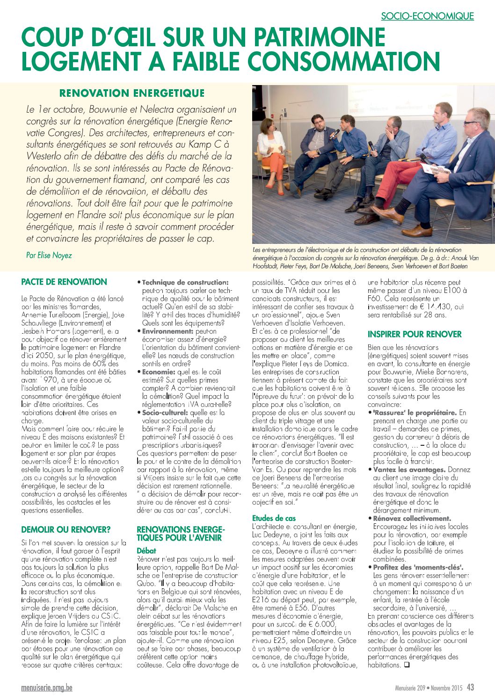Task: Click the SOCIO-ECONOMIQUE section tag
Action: [427, 16]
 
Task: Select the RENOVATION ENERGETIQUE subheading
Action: [132, 93]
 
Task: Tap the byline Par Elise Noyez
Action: [49, 255]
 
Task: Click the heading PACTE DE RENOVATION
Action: [64, 282]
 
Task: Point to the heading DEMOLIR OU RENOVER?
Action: [66, 529]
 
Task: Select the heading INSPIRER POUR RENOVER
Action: [415, 334]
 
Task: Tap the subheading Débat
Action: [146, 551]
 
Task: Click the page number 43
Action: [470, 687]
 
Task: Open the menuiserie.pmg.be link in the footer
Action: [47, 688]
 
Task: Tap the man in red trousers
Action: [421, 168]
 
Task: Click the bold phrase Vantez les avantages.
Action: [409, 469]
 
